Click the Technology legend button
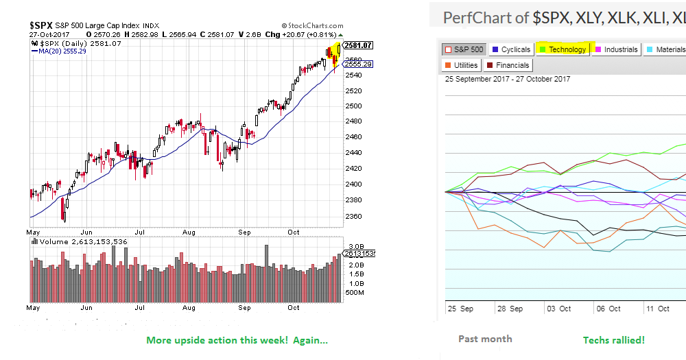tap(563, 49)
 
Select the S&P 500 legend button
tap(464, 49)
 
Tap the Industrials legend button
tap(615, 49)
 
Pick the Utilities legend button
tap(460, 65)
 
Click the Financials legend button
tap(508, 65)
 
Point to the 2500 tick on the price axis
tap(353, 106)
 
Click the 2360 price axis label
tap(353, 216)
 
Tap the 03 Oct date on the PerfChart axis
tap(559, 309)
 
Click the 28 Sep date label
tap(510, 309)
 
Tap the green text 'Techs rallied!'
tap(613, 340)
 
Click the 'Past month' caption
tap(485, 339)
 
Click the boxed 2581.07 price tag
tap(357, 45)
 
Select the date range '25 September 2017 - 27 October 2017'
tap(508, 79)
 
